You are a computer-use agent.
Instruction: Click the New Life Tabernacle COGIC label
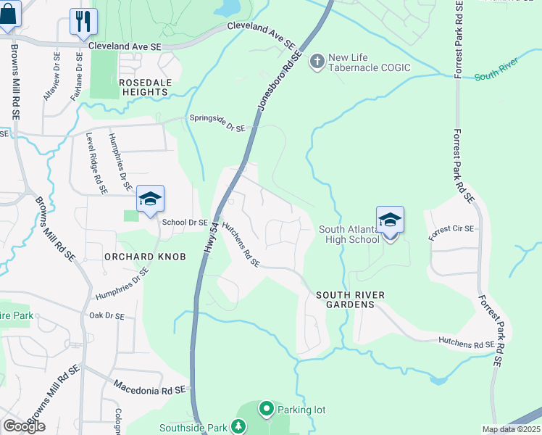369,62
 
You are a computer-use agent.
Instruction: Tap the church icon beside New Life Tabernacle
317,62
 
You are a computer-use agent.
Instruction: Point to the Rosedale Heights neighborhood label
144,87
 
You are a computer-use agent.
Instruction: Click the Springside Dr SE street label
217,123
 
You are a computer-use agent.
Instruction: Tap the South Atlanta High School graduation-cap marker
390,220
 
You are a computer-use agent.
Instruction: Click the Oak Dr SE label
107,316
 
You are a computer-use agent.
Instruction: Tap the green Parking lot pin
266,410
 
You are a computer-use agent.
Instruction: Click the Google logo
24,426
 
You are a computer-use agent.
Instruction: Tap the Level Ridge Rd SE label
95,165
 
